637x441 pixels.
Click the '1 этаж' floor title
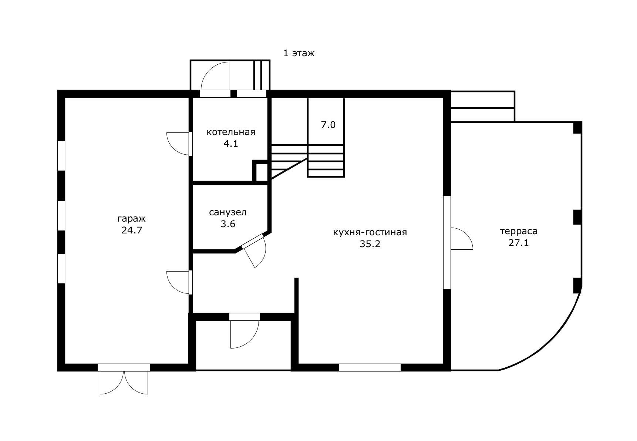coord(299,53)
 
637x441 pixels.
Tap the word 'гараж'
coord(132,219)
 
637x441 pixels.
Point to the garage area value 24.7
coord(132,230)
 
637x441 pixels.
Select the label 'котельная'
coord(231,132)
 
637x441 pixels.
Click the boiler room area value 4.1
coord(230,144)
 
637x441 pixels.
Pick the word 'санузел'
coord(228,213)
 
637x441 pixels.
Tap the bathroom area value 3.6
coord(228,224)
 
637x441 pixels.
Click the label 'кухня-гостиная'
coord(370,232)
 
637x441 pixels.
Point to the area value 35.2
coord(370,244)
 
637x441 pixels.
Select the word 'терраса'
coord(519,232)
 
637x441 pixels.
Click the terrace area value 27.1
coord(519,243)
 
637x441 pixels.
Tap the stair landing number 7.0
coord(328,125)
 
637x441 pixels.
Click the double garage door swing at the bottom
coord(124,383)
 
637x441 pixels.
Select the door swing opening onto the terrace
coord(462,239)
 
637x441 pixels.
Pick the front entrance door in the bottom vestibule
coord(245,331)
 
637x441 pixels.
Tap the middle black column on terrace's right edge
coord(577,217)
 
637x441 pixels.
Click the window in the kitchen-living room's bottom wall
coord(370,367)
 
